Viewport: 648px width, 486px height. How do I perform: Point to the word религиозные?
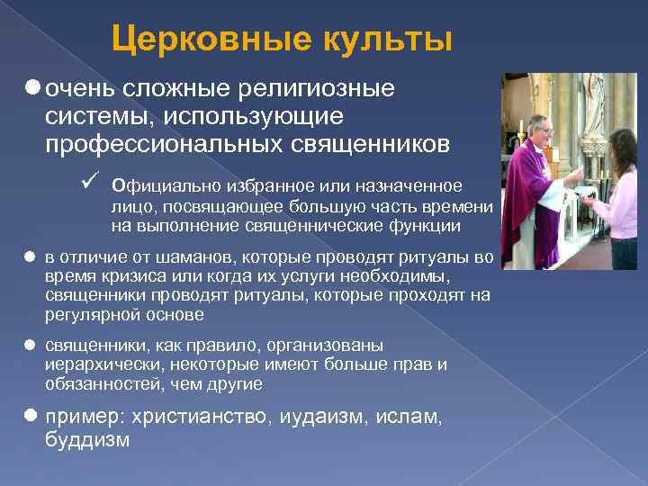(x=319, y=89)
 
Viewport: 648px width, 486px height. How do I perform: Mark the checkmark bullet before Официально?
(x=87, y=184)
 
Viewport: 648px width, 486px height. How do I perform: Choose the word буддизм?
(x=87, y=440)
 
